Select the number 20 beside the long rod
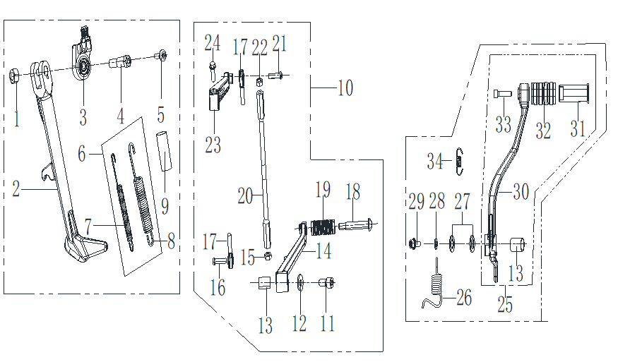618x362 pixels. [244, 195]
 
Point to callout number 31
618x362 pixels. [578, 129]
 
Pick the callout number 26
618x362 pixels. [463, 297]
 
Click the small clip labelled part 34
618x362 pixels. [459, 161]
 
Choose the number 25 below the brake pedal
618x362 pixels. [504, 306]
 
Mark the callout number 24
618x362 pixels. [212, 44]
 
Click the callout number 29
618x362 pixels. [417, 203]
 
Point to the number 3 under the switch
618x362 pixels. [83, 116]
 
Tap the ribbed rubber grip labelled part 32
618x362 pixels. [540, 95]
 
